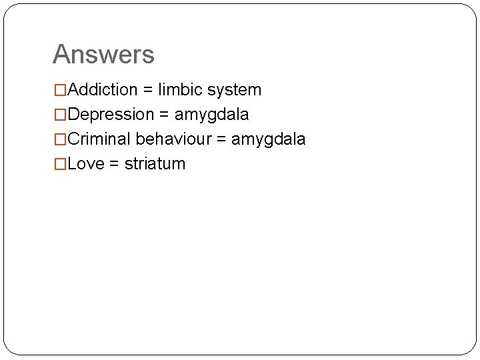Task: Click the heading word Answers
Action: (x=103, y=55)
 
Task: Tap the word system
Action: (x=235, y=90)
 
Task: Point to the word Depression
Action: (x=111, y=114)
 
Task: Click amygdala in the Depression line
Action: (x=211, y=115)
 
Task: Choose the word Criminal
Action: (x=99, y=139)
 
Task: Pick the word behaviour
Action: (x=173, y=139)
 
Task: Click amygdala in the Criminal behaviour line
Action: (x=268, y=139)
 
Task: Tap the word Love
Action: (x=86, y=163)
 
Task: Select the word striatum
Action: (x=155, y=163)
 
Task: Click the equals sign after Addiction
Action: (x=148, y=90)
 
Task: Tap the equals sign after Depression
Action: (x=164, y=115)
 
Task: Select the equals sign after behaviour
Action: (x=221, y=139)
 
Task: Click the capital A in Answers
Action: (x=62, y=55)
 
